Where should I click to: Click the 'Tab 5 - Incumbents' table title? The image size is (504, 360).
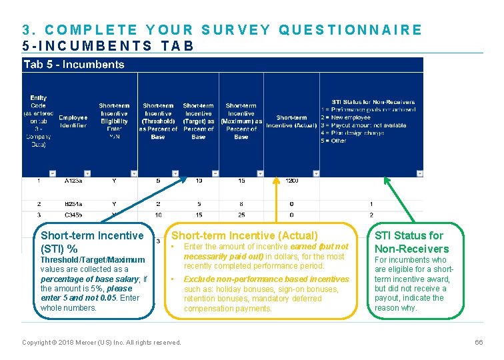[x=74, y=65]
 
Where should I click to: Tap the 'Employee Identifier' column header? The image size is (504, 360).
[x=73, y=121]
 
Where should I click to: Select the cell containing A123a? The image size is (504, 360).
[x=73, y=181]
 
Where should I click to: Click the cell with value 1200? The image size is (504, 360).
[x=291, y=181]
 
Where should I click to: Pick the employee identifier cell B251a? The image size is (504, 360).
[x=73, y=204]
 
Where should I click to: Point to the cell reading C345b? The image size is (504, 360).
[x=73, y=215]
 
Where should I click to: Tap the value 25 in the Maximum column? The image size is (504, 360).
[x=241, y=215]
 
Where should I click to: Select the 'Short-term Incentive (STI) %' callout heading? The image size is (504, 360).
[x=92, y=242]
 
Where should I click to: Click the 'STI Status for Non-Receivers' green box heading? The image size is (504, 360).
[x=409, y=242]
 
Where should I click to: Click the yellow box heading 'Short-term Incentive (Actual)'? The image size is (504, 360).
[x=245, y=235]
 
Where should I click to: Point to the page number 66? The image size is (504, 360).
[x=478, y=342]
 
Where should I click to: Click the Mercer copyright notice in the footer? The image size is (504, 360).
[x=101, y=342]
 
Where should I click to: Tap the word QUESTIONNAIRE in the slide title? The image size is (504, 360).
[x=351, y=30]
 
